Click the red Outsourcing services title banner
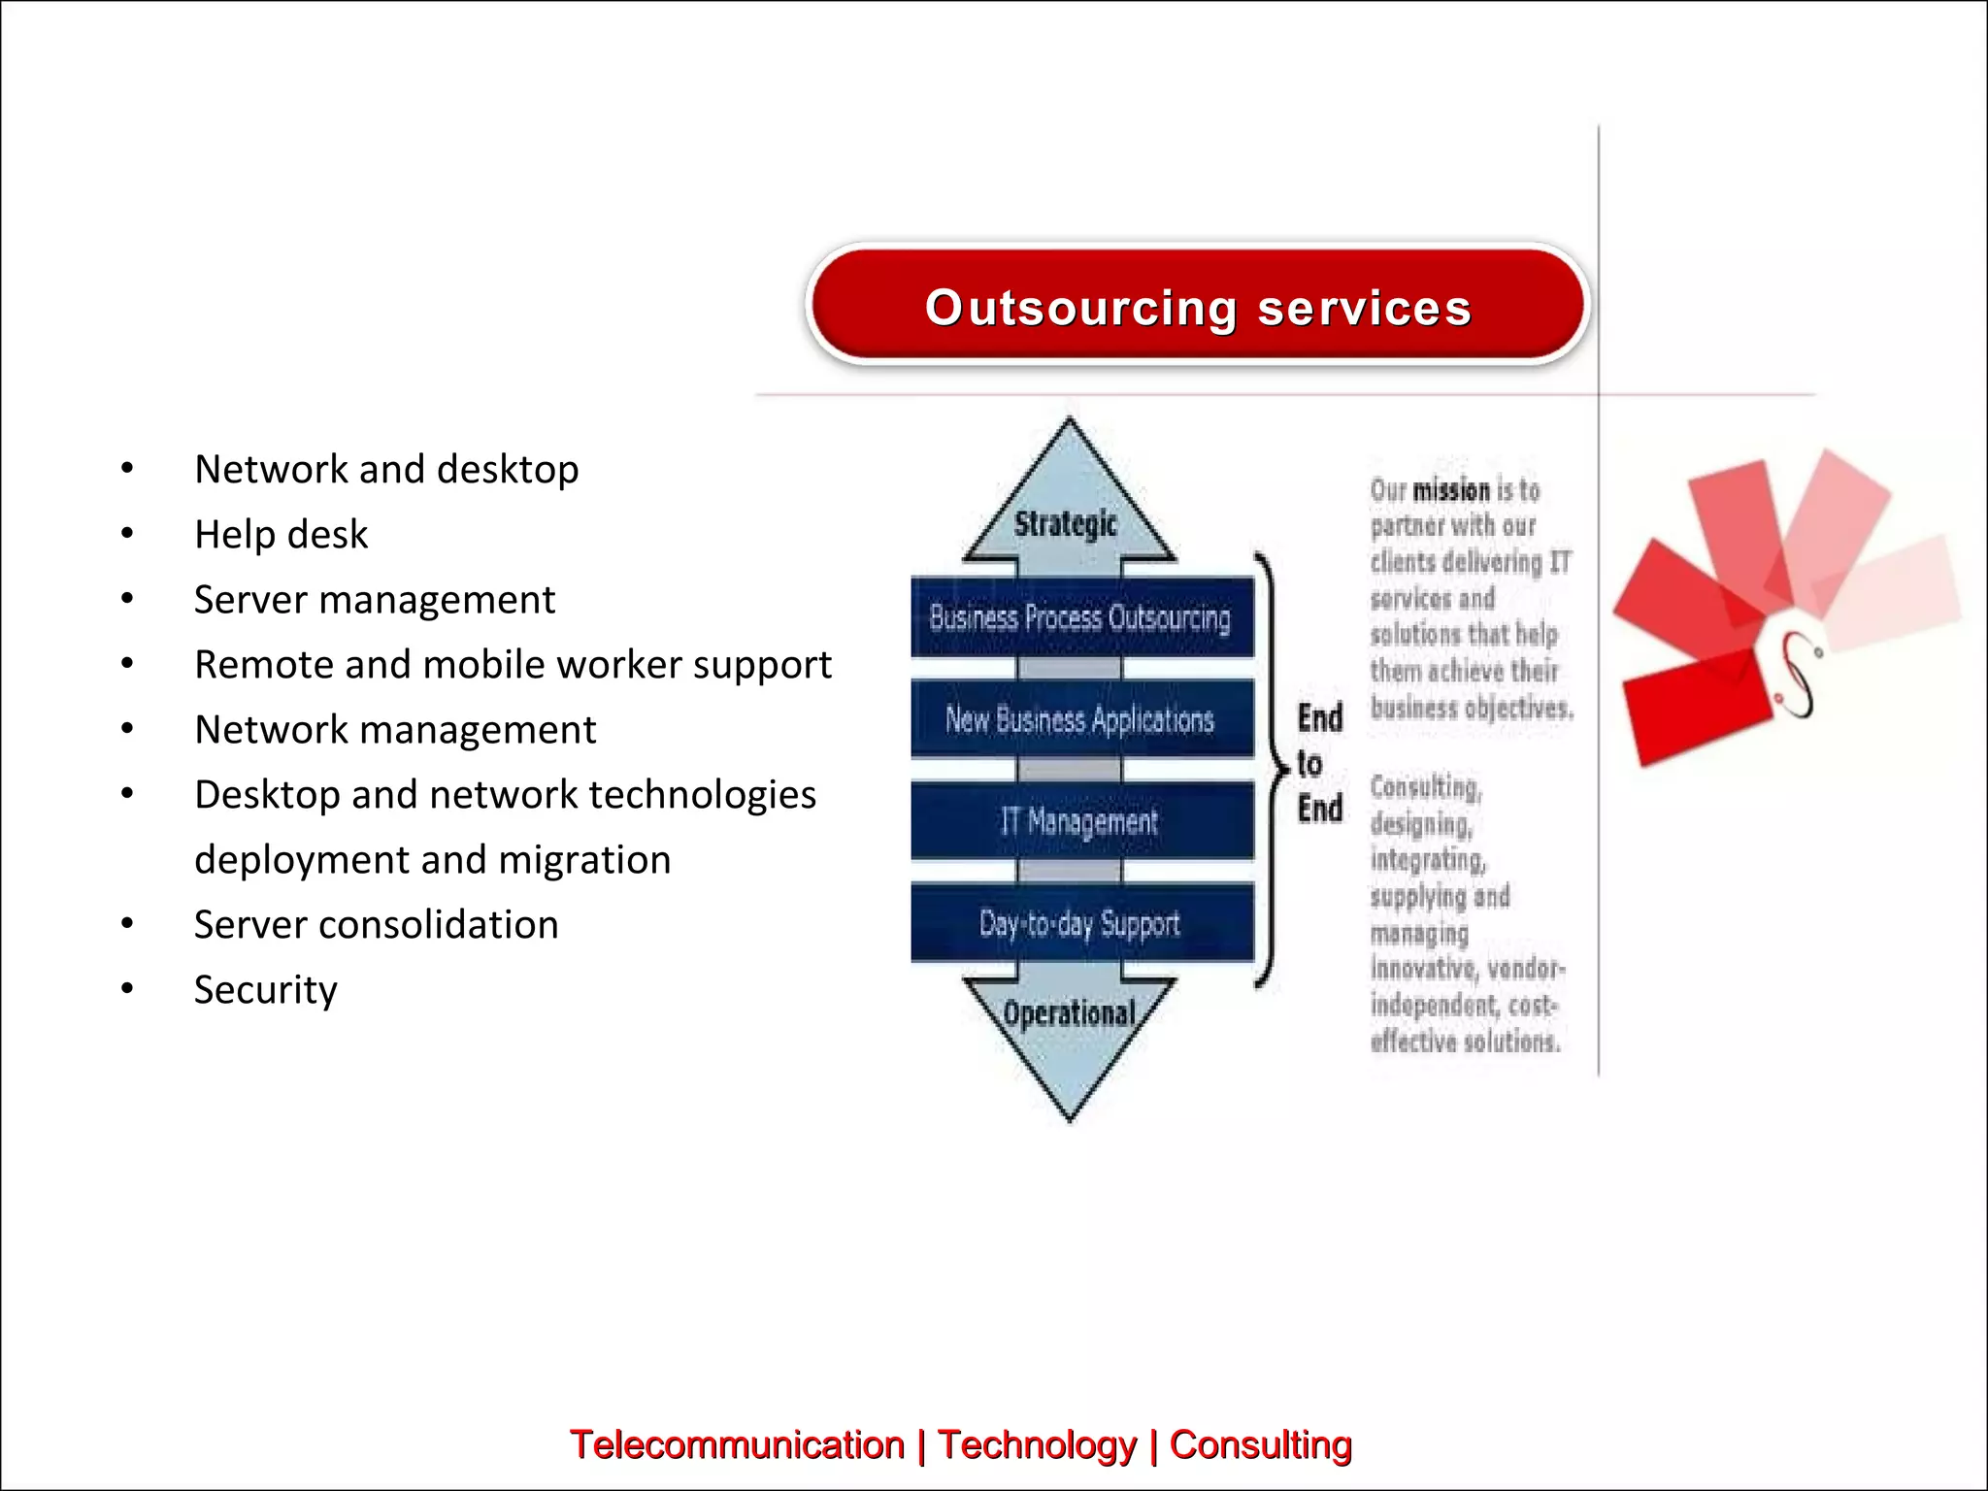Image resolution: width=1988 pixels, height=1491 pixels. click(x=1197, y=306)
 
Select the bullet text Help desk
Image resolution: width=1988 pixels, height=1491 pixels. click(x=281, y=534)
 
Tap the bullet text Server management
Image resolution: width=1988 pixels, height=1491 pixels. click(x=374, y=600)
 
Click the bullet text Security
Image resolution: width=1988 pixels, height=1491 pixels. click(x=265, y=990)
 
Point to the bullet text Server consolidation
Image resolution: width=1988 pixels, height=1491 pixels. click(x=376, y=925)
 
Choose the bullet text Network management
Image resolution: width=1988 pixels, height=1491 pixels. click(x=394, y=730)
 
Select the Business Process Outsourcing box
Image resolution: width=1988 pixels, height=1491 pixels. click(x=1080, y=617)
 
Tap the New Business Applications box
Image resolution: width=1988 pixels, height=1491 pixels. click(x=1080, y=719)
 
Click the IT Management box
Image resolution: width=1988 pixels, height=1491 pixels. click(x=1080, y=821)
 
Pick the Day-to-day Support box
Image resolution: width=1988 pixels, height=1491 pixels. click(x=1080, y=923)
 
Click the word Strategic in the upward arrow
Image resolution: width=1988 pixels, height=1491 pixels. click(x=1066, y=524)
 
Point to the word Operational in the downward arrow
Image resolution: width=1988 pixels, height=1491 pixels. click(x=1069, y=1013)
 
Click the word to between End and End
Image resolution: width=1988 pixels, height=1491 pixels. click(x=1309, y=764)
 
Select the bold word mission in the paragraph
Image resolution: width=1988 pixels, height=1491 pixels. click(x=1450, y=490)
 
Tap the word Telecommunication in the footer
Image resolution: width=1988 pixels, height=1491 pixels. click(x=737, y=1444)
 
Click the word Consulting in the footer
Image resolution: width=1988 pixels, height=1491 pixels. click(x=1260, y=1444)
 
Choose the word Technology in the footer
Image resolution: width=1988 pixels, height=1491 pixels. click(x=1037, y=1444)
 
